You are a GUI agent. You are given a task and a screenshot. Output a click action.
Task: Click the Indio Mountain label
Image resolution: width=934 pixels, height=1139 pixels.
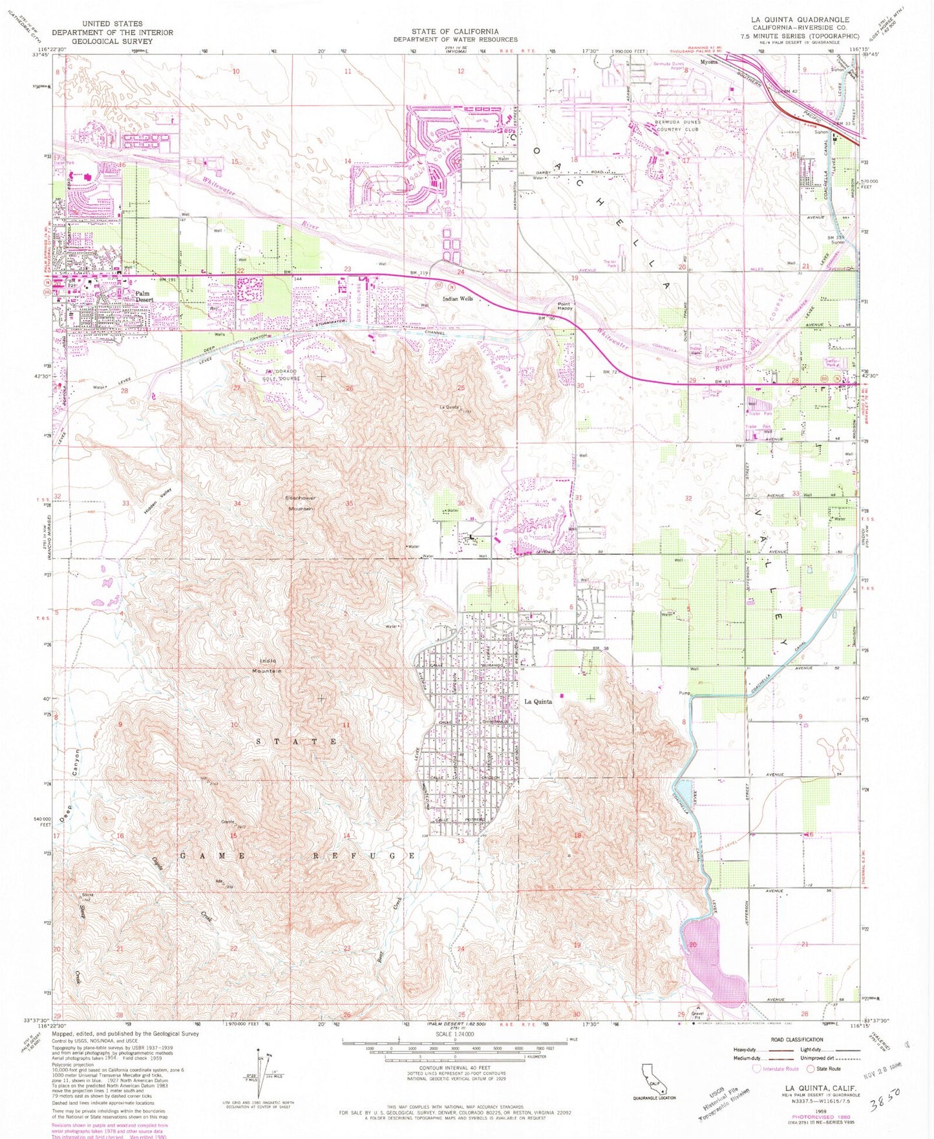pos(268,666)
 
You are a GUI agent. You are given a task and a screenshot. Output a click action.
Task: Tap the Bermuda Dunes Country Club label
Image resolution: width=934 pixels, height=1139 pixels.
pos(677,125)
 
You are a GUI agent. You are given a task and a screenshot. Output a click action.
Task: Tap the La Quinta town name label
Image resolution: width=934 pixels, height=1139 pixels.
pos(538,702)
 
